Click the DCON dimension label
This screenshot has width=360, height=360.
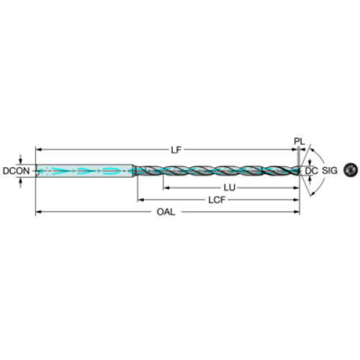click(x=16, y=171)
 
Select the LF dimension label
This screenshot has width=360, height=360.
click(x=176, y=150)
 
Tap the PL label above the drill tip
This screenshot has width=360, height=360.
click(x=300, y=141)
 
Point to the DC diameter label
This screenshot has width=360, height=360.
click(x=311, y=171)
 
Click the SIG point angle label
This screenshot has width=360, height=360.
click(x=330, y=171)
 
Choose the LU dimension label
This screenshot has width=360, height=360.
click(x=230, y=188)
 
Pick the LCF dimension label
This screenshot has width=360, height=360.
click(x=217, y=200)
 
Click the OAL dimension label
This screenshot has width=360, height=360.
click(x=166, y=212)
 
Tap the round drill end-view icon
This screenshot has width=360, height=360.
click(x=351, y=170)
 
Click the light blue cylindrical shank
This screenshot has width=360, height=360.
click(x=84, y=171)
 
